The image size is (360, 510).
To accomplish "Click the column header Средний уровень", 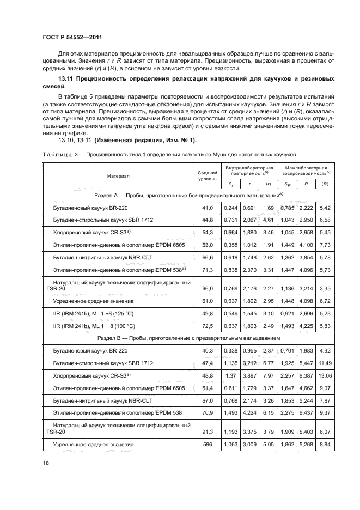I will click(206, 175).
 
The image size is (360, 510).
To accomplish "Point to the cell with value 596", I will click(206, 445).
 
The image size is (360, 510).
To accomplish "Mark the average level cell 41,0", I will click(206, 208).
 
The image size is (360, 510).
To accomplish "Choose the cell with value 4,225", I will click(306, 324).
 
